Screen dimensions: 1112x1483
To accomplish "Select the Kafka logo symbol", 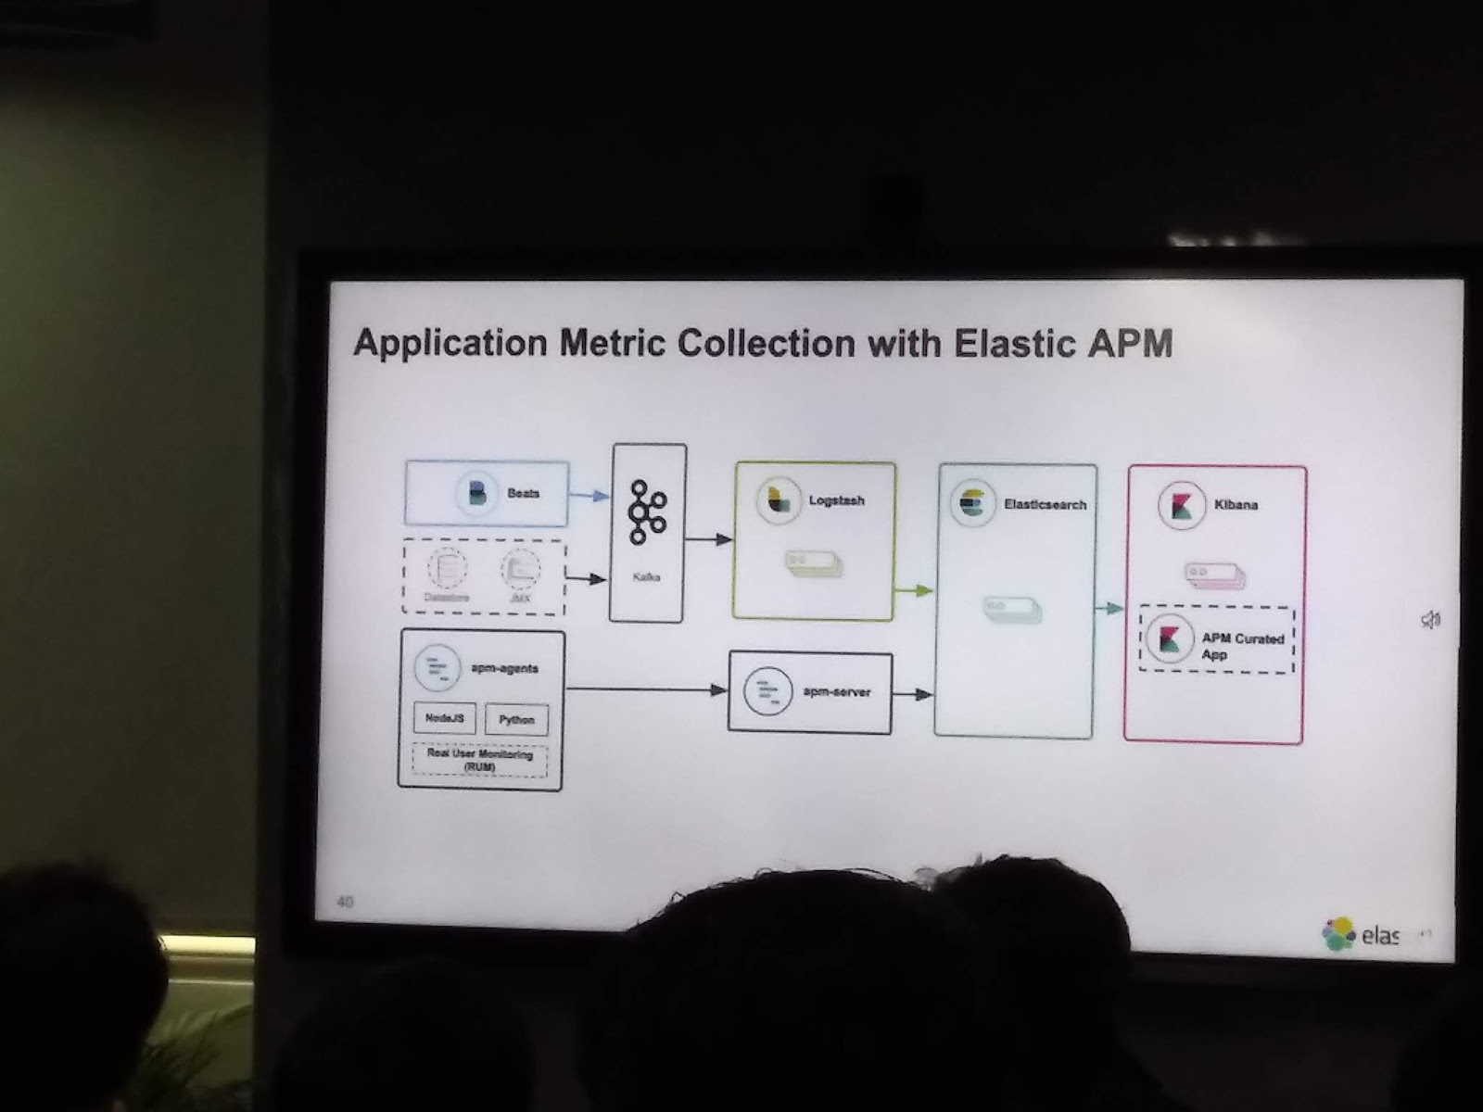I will click(x=646, y=512).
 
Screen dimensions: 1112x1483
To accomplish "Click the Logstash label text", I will click(x=836, y=500).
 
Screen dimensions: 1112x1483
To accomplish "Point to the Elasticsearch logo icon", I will click(x=972, y=503).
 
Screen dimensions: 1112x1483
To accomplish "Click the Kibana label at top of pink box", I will click(x=1236, y=505).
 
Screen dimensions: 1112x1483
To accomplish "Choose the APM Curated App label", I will click(x=1242, y=646).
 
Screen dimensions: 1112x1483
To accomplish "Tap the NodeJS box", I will click(x=445, y=718).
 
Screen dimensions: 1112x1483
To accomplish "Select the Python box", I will click(x=516, y=720).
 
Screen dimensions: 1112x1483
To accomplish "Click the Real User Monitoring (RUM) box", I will click(x=479, y=761).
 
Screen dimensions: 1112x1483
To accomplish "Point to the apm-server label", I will click(x=836, y=692).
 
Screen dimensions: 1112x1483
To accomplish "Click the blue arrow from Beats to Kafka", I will click(x=588, y=496).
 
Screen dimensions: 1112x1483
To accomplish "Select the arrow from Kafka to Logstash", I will click(x=710, y=539).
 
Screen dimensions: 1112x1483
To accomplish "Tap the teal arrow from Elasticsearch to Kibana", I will click(x=1109, y=608).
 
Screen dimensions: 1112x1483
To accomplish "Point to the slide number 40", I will click(x=345, y=901).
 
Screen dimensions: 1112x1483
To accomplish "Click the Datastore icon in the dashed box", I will click(x=447, y=567).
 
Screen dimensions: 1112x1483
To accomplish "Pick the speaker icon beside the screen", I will click(x=1431, y=619).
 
